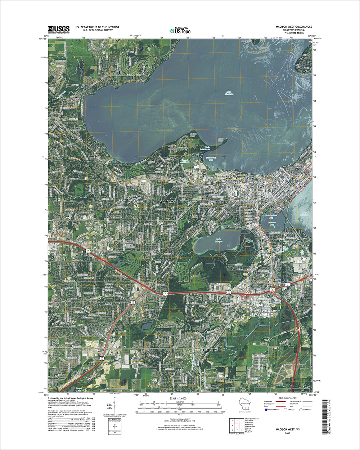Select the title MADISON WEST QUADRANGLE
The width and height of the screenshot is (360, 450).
pyautogui.click(x=294, y=27)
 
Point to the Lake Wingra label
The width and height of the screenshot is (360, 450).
pyautogui.click(x=212, y=241)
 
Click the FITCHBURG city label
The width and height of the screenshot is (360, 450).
pyautogui.click(x=208, y=350)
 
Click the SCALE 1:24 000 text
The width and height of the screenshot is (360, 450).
pyautogui.click(x=176, y=399)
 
